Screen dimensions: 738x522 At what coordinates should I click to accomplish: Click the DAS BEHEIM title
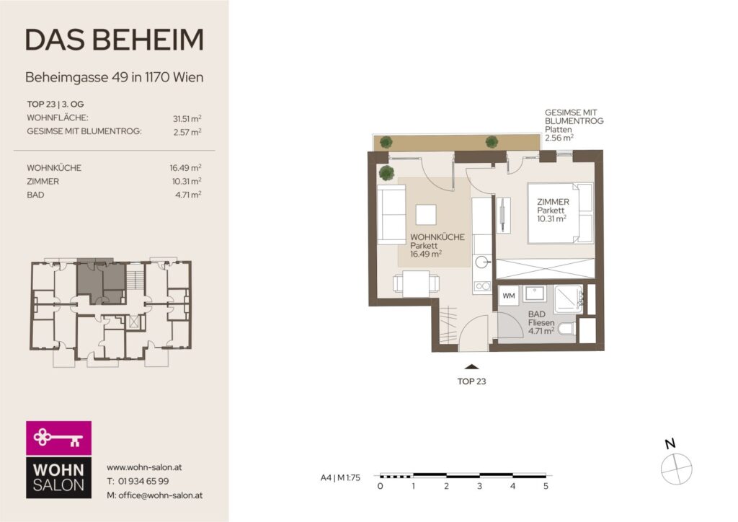click(115, 40)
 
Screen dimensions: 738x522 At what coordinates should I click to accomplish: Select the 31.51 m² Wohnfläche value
click(187, 119)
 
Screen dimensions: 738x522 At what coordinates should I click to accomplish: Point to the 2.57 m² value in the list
click(187, 132)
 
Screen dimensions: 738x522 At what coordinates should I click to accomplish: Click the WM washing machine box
click(509, 296)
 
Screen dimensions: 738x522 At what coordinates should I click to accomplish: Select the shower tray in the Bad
click(569, 299)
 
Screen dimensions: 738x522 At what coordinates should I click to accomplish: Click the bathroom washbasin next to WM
click(534, 294)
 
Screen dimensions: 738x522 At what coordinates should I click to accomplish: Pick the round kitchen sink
click(482, 262)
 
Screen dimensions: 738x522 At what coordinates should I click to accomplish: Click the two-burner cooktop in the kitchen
click(482, 286)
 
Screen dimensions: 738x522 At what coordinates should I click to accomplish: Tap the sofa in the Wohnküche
click(391, 215)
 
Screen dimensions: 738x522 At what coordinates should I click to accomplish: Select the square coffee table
click(426, 215)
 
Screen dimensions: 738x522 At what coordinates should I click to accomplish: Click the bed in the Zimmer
click(560, 213)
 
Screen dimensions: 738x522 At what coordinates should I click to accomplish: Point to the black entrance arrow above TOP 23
click(471, 367)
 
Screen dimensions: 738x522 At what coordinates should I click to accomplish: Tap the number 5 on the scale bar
click(546, 486)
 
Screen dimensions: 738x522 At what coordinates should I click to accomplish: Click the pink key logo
click(59, 438)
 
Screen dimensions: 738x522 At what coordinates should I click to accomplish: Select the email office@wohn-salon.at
click(161, 495)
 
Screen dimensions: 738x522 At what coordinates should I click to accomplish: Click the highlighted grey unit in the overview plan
click(101, 281)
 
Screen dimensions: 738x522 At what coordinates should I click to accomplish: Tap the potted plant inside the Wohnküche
click(387, 173)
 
